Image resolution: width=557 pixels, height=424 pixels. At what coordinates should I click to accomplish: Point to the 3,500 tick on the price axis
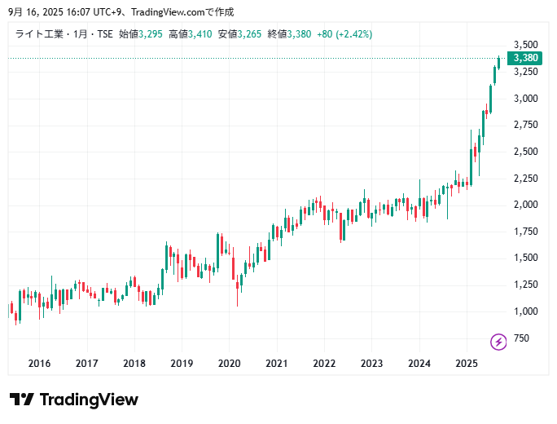click(x=526, y=44)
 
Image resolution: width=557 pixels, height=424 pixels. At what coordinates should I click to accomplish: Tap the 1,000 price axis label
click(x=526, y=311)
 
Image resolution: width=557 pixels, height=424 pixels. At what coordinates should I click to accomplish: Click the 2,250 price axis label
click(x=526, y=178)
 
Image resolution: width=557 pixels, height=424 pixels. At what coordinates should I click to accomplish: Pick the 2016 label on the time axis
click(x=39, y=363)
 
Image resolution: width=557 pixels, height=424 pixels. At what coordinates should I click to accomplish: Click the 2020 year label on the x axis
click(x=229, y=363)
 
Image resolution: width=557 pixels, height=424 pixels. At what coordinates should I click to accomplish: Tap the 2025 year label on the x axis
click(x=466, y=363)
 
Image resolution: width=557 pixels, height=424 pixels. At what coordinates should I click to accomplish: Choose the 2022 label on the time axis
click(x=324, y=363)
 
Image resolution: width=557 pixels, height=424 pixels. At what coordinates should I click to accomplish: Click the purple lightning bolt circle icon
click(x=498, y=340)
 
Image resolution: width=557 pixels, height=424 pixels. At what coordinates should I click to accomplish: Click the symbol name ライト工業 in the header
click(x=37, y=33)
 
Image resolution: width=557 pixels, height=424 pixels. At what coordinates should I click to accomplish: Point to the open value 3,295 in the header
click(x=151, y=33)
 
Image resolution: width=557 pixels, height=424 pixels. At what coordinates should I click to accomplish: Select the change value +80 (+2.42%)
click(x=344, y=33)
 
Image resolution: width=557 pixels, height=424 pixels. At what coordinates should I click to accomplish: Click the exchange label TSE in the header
click(x=105, y=33)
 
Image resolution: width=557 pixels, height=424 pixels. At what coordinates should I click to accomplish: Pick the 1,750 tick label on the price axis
click(x=526, y=231)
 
